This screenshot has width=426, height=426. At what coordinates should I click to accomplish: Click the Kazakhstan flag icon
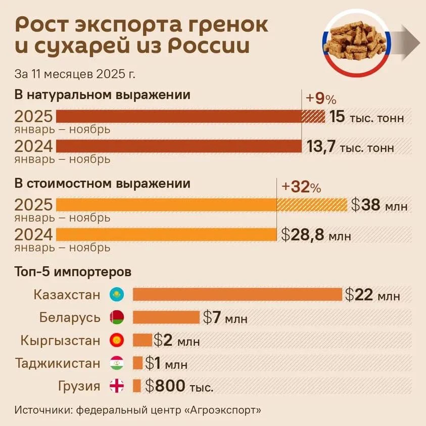pos(117,295)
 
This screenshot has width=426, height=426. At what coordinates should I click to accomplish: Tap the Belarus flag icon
pos(117,317)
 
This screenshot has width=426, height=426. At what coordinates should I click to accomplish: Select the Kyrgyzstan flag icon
pos(117,340)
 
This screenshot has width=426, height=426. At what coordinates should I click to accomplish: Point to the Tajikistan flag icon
pos(117,363)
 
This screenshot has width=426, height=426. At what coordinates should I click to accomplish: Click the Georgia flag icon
pos(117,387)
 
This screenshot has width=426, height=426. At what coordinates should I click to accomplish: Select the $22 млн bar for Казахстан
pos(238,295)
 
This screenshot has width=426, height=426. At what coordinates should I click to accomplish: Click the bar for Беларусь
pos(166,317)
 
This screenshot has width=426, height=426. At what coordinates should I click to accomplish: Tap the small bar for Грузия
pos(136,386)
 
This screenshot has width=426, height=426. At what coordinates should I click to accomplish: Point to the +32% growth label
pos(301,187)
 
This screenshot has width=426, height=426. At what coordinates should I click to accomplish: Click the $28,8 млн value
pos(315,235)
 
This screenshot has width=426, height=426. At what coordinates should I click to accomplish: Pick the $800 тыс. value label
pos(179,387)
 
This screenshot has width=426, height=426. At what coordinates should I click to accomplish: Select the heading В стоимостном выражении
pos(103,183)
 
